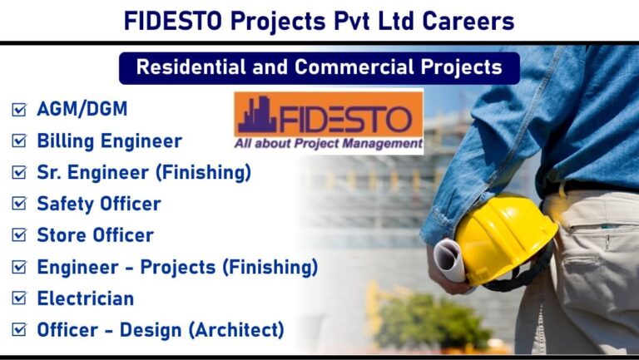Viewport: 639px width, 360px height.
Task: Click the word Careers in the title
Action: [468, 21]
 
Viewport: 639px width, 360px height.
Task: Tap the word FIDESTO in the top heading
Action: [173, 21]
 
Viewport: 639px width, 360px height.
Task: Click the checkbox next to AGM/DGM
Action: [19, 109]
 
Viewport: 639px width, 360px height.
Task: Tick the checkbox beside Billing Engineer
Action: [19, 141]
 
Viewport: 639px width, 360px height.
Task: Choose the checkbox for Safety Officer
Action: [19, 203]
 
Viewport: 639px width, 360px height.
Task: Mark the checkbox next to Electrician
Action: [19, 298]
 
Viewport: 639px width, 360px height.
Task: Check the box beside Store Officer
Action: [19, 235]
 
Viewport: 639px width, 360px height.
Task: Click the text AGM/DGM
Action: [82, 109]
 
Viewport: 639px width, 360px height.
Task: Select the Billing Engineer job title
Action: [109, 141]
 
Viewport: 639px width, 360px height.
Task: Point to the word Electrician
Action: [86, 298]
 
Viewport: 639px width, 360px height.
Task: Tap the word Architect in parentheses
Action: [240, 330]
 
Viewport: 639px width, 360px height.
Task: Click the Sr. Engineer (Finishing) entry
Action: [144, 172]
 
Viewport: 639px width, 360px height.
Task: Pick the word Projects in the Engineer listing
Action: [178, 268]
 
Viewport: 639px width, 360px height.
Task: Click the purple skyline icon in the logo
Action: [258, 115]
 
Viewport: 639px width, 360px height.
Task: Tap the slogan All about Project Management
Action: [329, 144]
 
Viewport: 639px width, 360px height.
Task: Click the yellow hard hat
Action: [506, 239]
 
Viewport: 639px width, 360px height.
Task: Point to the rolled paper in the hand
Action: [450, 259]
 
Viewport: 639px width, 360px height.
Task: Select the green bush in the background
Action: [432, 322]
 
